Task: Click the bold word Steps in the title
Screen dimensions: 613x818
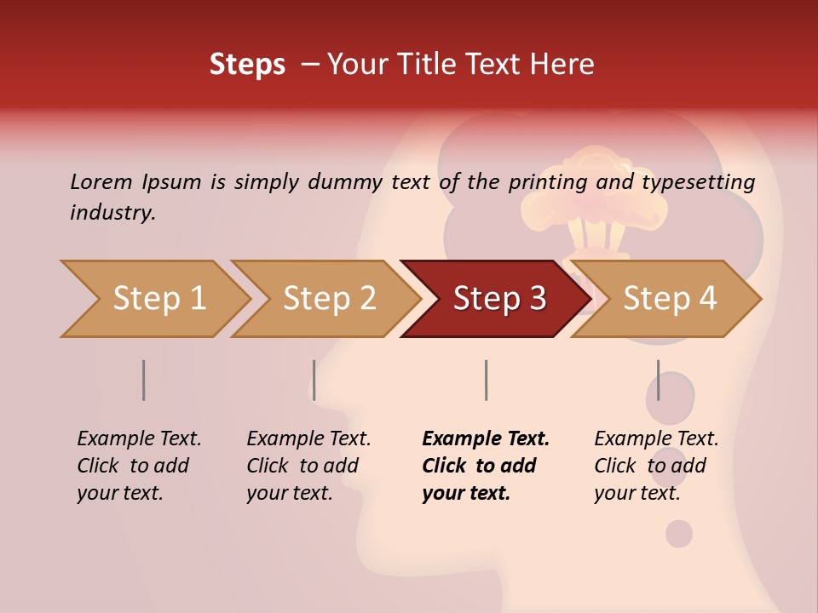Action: point(247,65)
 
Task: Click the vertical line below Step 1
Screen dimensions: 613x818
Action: point(143,380)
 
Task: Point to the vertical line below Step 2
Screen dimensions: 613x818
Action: point(314,380)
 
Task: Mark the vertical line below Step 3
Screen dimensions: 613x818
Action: point(486,380)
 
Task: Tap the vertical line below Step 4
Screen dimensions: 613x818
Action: point(658,380)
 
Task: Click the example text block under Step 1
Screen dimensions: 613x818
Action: point(139,466)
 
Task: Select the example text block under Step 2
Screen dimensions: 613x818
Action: point(308,466)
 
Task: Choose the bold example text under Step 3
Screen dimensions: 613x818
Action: point(485,466)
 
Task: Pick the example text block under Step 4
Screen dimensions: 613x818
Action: point(656,466)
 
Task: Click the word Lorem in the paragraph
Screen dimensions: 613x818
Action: point(101,181)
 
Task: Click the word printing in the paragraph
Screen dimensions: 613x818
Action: point(547,182)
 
